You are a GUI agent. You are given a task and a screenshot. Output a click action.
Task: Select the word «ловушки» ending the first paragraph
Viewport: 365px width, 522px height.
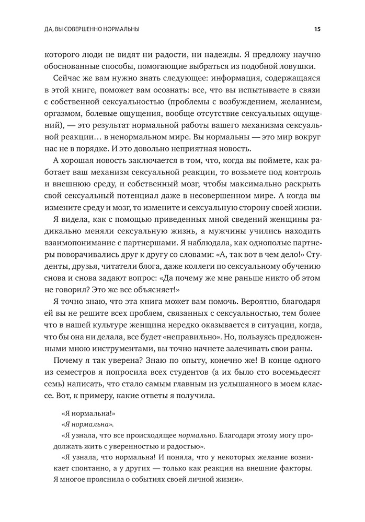tap(295, 66)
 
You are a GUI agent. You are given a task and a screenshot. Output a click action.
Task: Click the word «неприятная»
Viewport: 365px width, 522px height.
tap(195, 148)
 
